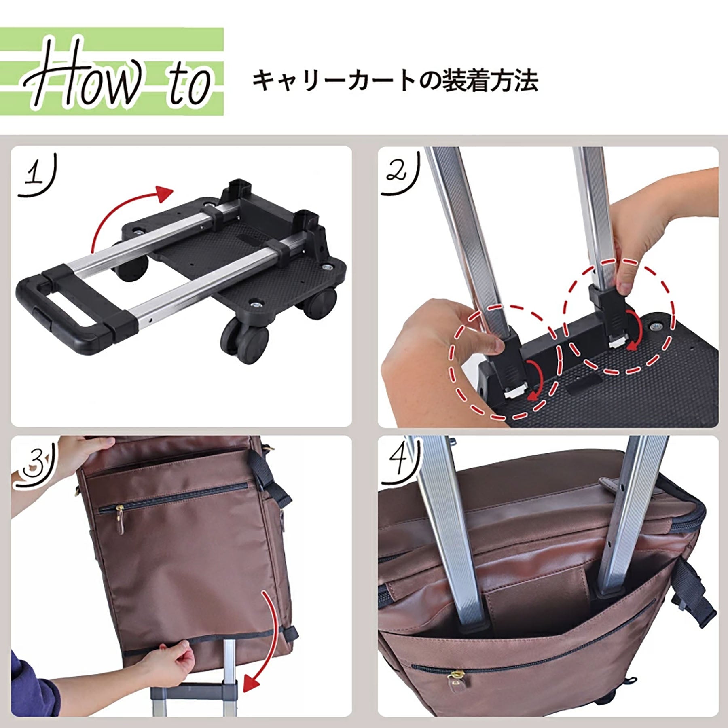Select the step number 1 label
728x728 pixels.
point(36,175)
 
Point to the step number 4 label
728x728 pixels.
point(400,461)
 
